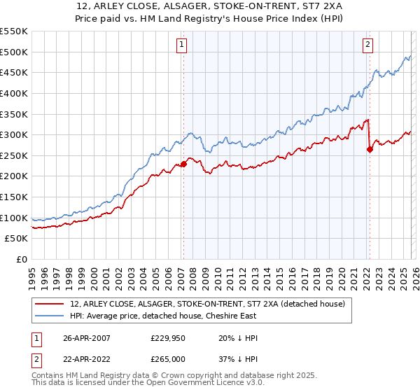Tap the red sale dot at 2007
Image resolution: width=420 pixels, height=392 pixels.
(x=183, y=164)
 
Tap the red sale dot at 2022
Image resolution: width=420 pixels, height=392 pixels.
(x=370, y=149)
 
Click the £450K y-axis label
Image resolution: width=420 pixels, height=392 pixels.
(x=14, y=72)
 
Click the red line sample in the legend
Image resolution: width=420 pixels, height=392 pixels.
(x=50, y=304)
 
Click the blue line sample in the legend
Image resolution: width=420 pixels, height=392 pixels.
(x=50, y=316)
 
